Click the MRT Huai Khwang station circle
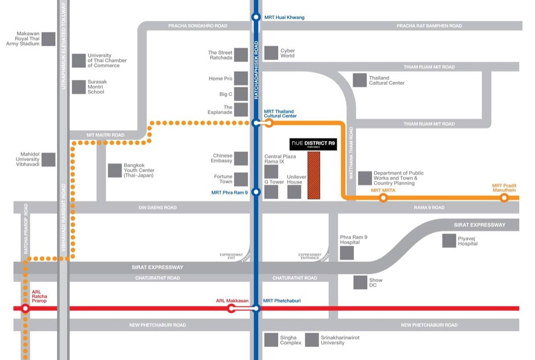(256, 17)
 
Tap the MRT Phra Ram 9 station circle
(256, 192)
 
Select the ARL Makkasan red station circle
(231, 308)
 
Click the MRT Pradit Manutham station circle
(504, 198)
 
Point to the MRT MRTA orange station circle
(383, 198)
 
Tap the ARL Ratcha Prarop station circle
(25, 308)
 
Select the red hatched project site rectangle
(314, 175)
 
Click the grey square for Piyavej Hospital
(449, 241)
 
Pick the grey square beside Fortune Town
(241, 179)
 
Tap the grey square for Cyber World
(271, 53)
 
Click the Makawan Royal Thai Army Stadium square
(49, 39)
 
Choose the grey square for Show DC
(360, 282)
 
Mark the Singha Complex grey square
(271, 340)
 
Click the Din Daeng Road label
(157, 208)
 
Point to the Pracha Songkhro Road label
(198, 26)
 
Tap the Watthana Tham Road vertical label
(351, 153)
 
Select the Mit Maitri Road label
(106, 135)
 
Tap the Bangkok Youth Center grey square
(115, 170)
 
